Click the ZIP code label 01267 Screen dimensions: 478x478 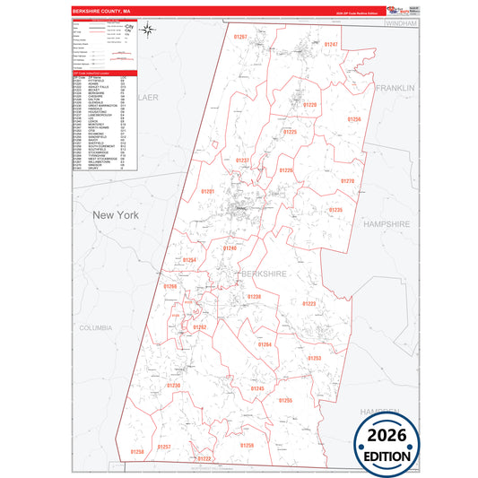click(239, 36)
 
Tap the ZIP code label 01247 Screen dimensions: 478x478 click(331, 44)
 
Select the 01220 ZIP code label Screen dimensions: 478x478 click(309, 105)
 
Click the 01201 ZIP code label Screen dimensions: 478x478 click(208, 191)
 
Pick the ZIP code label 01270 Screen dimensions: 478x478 click(348, 181)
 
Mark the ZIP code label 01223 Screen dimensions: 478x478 click(309, 304)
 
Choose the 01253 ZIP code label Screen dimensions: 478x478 click(314, 358)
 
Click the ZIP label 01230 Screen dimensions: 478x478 click(174, 385)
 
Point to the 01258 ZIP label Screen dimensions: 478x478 click(136, 452)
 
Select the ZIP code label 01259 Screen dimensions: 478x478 click(247, 446)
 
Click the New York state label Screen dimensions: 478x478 click(117, 215)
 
